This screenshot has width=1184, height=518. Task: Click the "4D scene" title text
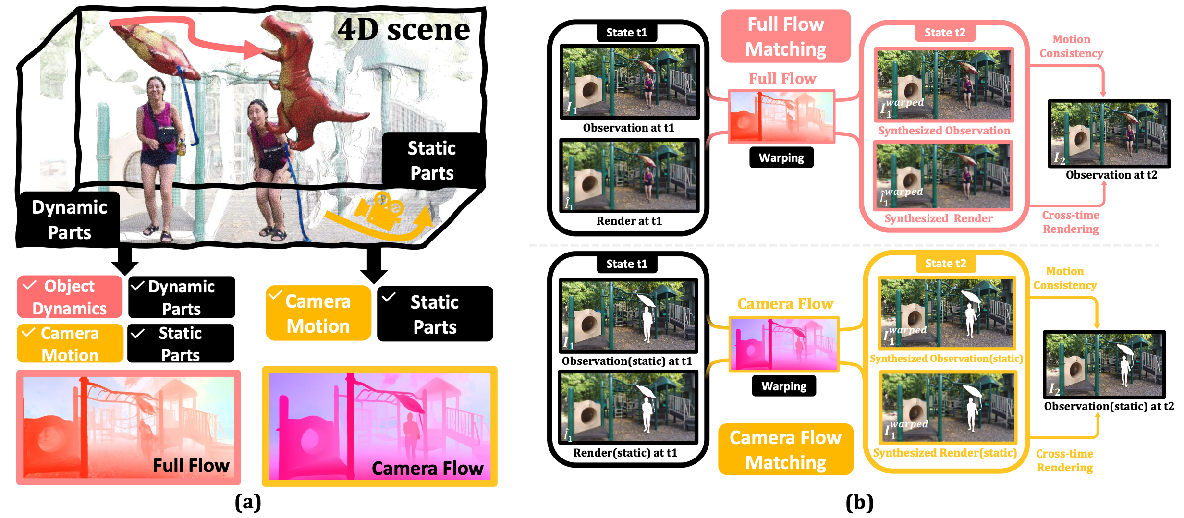[x=403, y=30]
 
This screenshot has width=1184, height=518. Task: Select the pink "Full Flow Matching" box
[x=785, y=36]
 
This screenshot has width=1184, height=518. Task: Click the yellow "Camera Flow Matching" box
[x=785, y=450]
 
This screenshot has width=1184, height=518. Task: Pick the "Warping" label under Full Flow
[x=781, y=158]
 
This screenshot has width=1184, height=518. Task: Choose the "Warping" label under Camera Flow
[x=783, y=386]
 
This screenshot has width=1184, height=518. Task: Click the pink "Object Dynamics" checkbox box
[x=70, y=297]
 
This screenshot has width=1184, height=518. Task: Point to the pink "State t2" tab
[x=944, y=33]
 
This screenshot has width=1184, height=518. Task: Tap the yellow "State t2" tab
[x=945, y=264]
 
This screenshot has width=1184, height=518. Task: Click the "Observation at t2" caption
[x=1111, y=175]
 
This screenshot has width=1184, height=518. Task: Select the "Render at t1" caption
[x=629, y=221]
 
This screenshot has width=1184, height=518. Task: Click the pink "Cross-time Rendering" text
[x=1071, y=222]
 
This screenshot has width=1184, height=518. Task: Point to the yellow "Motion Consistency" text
[x=1065, y=278]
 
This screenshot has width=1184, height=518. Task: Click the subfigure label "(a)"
[x=248, y=502]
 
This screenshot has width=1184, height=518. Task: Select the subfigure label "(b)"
[x=859, y=502]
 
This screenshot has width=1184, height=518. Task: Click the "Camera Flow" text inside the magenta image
[x=427, y=468]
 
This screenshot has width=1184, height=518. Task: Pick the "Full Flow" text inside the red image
[x=191, y=465]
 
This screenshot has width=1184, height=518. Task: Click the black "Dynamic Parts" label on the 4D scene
[x=69, y=220]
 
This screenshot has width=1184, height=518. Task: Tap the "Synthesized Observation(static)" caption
[x=946, y=359]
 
